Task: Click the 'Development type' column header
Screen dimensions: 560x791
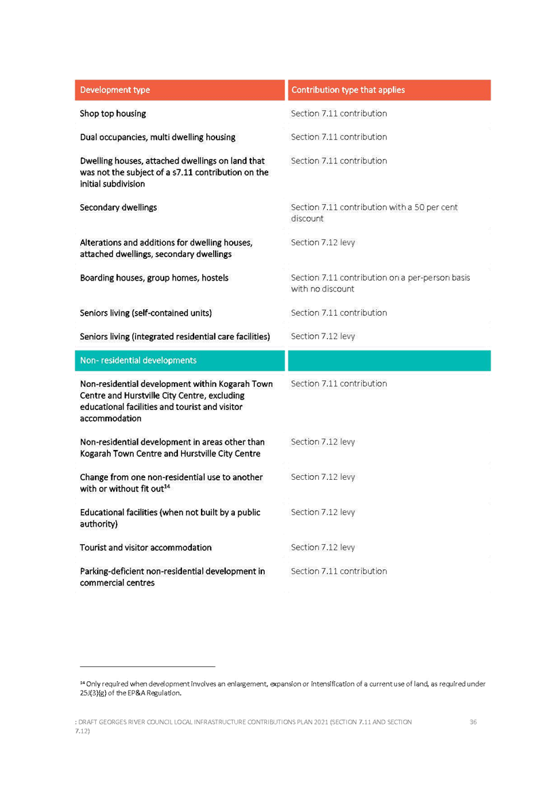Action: pos(115,89)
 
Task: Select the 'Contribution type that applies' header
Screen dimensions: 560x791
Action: pos(348,89)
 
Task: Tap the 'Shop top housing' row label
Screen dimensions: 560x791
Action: pos(113,113)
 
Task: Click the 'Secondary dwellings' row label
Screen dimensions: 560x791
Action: pos(118,207)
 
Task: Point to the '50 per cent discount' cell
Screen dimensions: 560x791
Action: pos(374,213)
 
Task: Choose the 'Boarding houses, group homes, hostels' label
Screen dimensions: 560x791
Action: pos(154,278)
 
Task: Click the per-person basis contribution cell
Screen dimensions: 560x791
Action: pos(380,283)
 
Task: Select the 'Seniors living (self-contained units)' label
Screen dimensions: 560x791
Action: pos(145,313)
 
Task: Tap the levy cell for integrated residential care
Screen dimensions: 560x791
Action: pos(323,336)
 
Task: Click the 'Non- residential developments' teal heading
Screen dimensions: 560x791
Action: pos(138,360)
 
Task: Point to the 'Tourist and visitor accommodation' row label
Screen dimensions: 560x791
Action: pos(145,548)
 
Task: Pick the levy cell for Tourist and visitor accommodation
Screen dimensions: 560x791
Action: pos(323,548)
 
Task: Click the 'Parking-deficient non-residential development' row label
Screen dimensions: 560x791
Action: pos(172,577)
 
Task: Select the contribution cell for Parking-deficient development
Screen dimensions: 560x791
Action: pos(339,571)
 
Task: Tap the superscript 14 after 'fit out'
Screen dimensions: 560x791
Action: pos(167,487)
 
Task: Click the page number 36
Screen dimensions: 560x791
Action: pos(473,722)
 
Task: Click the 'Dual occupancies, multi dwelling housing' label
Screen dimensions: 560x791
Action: pos(157,137)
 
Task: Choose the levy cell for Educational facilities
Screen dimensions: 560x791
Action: pos(323,512)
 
